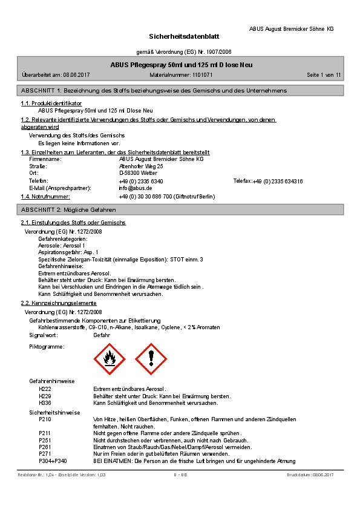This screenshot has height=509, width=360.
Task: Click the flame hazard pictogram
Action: pyautogui.click(x=110, y=359)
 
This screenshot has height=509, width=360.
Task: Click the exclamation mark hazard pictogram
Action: pyautogui.click(x=149, y=359)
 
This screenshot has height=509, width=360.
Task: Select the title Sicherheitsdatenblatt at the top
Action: pyautogui.click(x=180, y=37)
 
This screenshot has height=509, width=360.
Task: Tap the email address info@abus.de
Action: pyautogui.click(x=136, y=188)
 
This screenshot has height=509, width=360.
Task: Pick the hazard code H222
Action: pyautogui.click(x=45, y=389)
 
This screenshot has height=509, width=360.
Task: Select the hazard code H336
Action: pyautogui.click(x=45, y=402)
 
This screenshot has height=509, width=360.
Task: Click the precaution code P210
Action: pyautogui.click(x=45, y=419)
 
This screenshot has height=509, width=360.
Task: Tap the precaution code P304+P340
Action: pyautogui.click(x=53, y=461)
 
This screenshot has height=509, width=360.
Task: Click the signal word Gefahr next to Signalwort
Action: pyautogui.click(x=102, y=334)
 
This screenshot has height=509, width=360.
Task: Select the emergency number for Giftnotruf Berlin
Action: pyautogui.click(x=167, y=197)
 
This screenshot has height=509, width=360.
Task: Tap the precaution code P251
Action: pyautogui.click(x=45, y=440)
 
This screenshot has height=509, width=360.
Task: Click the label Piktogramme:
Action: pyautogui.click(x=47, y=347)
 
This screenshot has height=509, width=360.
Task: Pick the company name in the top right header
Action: pyautogui.click(x=291, y=28)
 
